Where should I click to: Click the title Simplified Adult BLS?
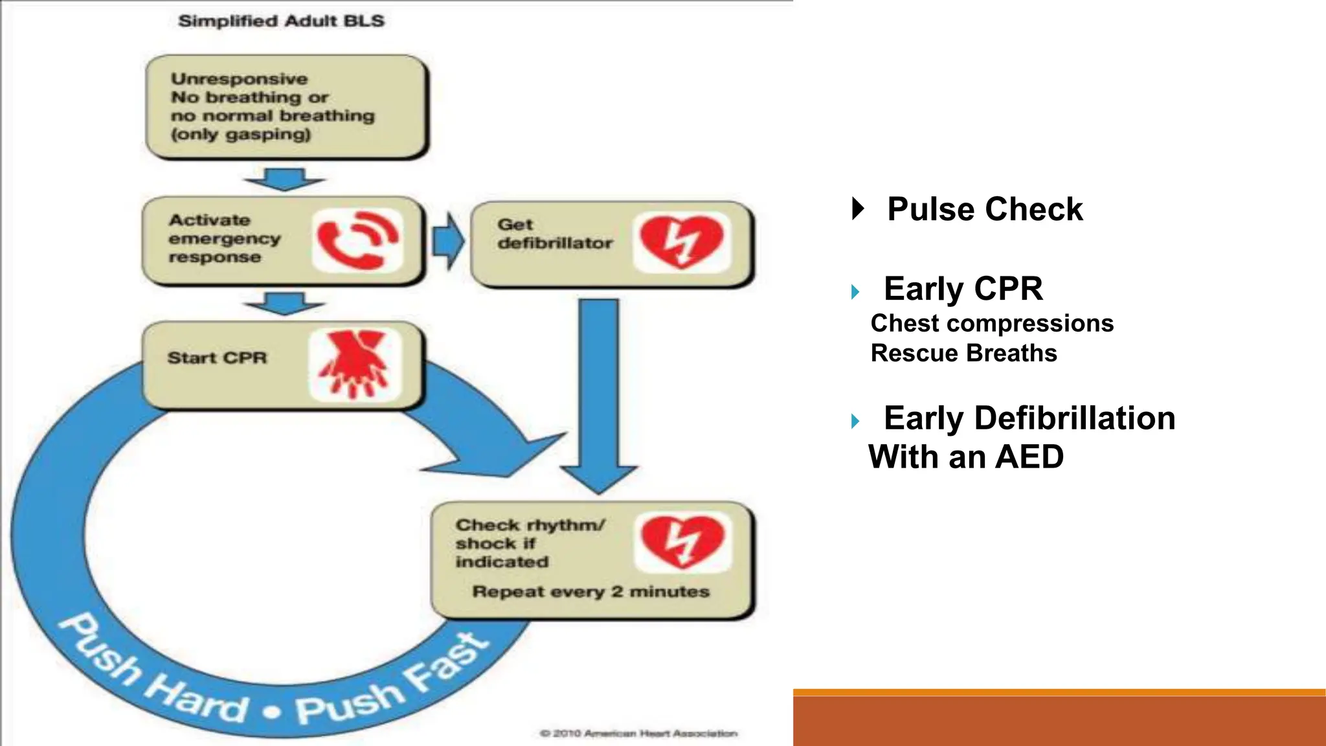(281, 21)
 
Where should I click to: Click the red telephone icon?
(357, 241)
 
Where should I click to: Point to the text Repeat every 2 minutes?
(590, 591)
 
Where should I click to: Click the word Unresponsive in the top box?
(239, 79)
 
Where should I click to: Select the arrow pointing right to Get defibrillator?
(447, 241)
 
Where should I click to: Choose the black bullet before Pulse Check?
(858, 209)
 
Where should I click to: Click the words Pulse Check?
(984, 209)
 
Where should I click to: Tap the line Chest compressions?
(991, 323)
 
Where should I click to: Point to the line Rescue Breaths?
(963, 353)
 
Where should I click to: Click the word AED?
(1029, 457)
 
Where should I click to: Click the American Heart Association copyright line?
(638, 733)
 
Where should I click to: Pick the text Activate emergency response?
(224, 238)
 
